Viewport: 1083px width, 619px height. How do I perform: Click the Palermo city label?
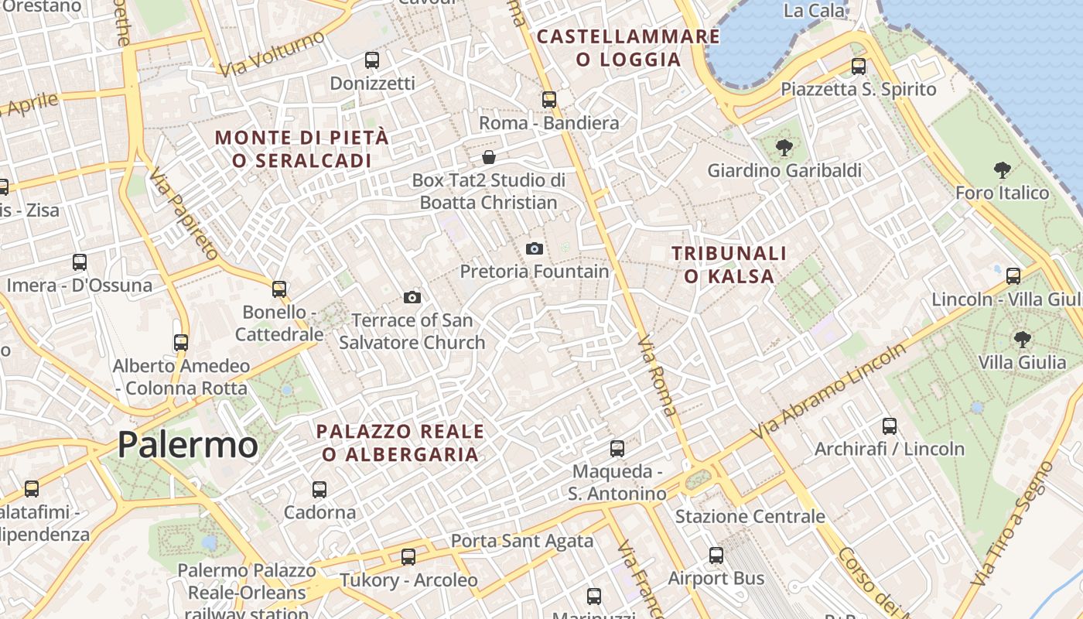(188, 445)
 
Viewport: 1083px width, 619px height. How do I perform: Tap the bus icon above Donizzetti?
(372, 60)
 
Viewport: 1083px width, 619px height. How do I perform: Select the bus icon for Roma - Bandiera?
(549, 99)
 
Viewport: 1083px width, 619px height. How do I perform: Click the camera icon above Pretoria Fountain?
(534, 248)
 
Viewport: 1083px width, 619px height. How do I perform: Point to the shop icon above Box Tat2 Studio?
(489, 158)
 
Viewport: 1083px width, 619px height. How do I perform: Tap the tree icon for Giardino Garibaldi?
(784, 147)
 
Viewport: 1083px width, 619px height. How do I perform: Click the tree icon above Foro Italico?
(1002, 169)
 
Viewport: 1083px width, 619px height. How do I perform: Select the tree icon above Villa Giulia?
(1022, 338)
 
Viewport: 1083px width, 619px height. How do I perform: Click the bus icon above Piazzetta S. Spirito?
(859, 66)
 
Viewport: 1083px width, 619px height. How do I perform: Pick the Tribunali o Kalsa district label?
(729, 265)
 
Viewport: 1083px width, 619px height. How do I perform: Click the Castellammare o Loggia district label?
(628, 48)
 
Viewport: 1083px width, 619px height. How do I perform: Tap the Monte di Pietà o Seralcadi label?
(302, 149)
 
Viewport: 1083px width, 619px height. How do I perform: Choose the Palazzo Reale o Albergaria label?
(401, 443)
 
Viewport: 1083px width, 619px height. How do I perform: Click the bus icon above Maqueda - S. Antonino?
(617, 448)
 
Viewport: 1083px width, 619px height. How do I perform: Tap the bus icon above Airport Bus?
(716, 555)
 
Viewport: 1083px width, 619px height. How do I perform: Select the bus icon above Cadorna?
(319, 489)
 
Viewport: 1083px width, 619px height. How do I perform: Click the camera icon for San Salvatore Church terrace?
(412, 297)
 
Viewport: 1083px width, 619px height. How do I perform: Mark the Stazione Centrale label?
(750, 516)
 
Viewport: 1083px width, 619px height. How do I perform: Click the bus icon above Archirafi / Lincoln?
(890, 426)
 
